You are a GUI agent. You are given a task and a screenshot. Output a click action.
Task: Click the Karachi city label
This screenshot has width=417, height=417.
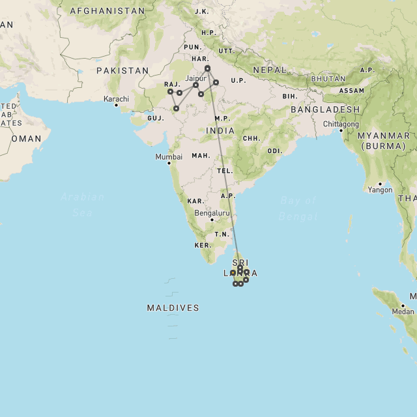pyautogui.click(x=117, y=99)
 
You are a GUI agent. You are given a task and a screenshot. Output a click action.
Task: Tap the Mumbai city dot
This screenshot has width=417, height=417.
pyautogui.click(x=169, y=163)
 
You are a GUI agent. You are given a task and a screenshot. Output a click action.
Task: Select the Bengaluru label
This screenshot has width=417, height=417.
pyautogui.click(x=212, y=212)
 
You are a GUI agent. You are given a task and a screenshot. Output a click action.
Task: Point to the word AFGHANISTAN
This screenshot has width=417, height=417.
pyautogui.click(x=107, y=11)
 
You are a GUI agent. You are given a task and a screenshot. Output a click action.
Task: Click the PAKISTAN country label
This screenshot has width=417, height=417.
pyautogui.click(x=122, y=70)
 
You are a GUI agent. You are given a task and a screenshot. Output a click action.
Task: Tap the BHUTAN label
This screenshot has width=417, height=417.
pyautogui.click(x=328, y=79)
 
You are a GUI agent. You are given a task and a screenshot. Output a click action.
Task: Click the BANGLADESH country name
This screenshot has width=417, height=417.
pyautogui.click(x=325, y=109)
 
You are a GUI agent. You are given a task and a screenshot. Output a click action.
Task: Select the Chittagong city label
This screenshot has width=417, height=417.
pyautogui.click(x=341, y=124)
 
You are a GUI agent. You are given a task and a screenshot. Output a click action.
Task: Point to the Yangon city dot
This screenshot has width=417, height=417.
pyautogui.click(x=380, y=183)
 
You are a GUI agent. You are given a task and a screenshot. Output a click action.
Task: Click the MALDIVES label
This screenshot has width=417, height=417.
pyautogui.click(x=173, y=308)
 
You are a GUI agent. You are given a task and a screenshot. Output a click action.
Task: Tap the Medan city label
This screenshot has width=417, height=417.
pyautogui.click(x=403, y=311)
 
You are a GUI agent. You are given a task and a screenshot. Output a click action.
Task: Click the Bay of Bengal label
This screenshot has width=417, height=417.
pyautogui.click(x=298, y=208)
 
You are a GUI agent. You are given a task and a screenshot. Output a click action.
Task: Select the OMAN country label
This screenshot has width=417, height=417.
pyautogui.click(x=27, y=139)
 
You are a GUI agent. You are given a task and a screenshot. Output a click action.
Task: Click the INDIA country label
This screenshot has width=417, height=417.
pyautogui.click(x=220, y=130)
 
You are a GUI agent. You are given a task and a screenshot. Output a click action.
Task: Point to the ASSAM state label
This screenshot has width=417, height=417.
pyautogui.click(x=351, y=91)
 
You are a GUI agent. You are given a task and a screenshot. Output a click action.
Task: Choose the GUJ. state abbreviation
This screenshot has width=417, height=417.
pyautogui.click(x=155, y=118)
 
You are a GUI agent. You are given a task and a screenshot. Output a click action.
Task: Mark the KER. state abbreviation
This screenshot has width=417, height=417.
pyautogui.click(x=203, y=245)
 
